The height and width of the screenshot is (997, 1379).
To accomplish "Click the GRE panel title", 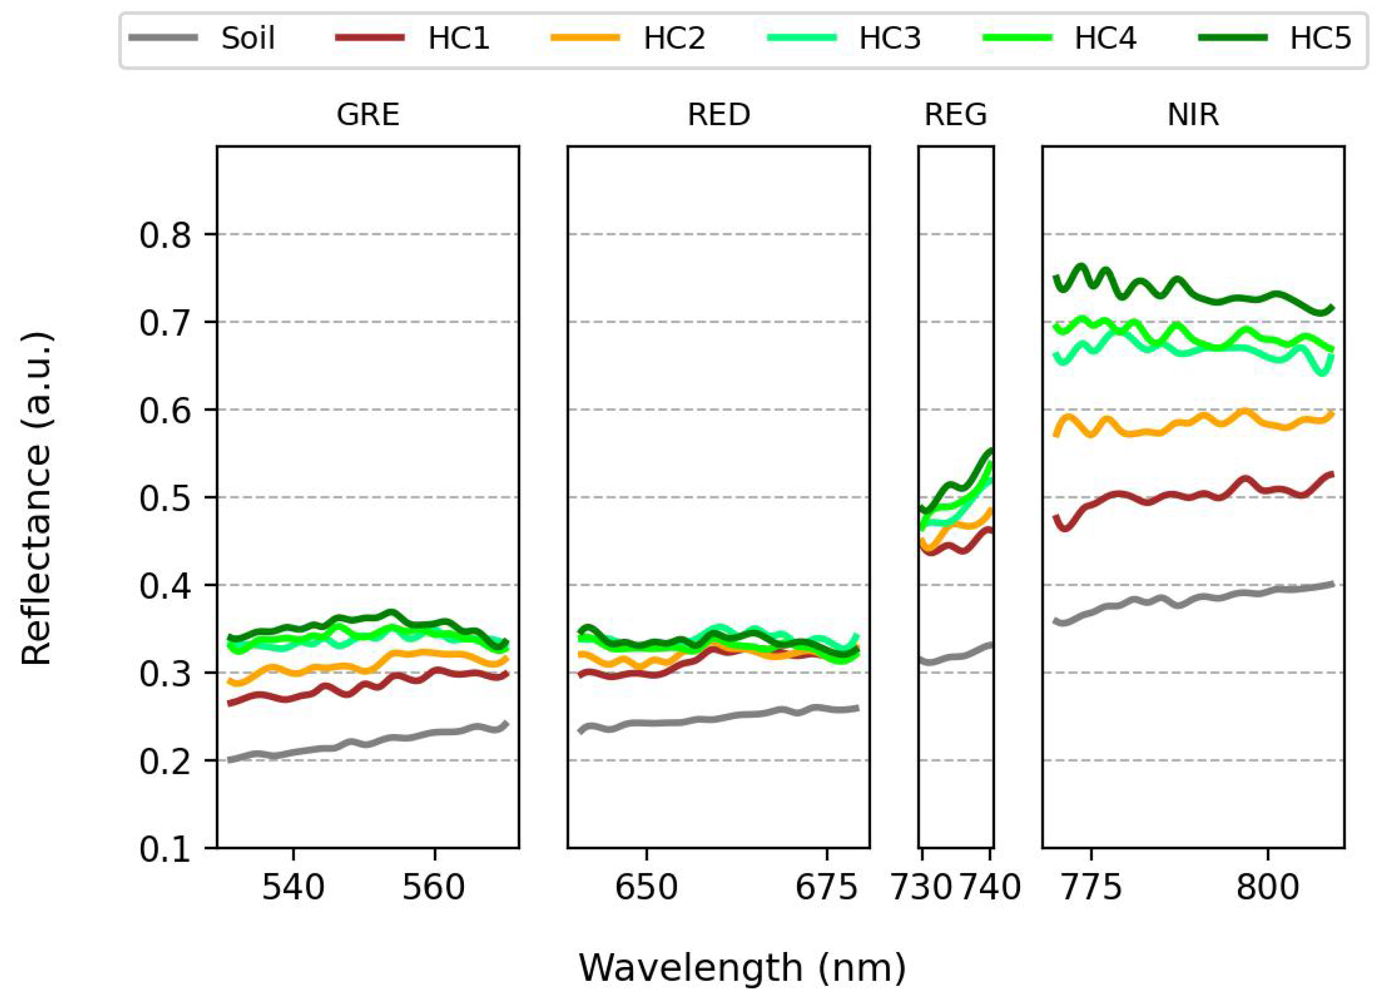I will point(368,115).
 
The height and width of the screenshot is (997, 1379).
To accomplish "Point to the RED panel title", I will point(719,115).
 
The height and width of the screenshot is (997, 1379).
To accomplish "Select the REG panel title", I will point(956,115).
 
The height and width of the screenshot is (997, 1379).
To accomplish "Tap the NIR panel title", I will point(1193,115).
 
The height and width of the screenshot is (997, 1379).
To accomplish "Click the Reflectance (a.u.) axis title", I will point(36,498).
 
